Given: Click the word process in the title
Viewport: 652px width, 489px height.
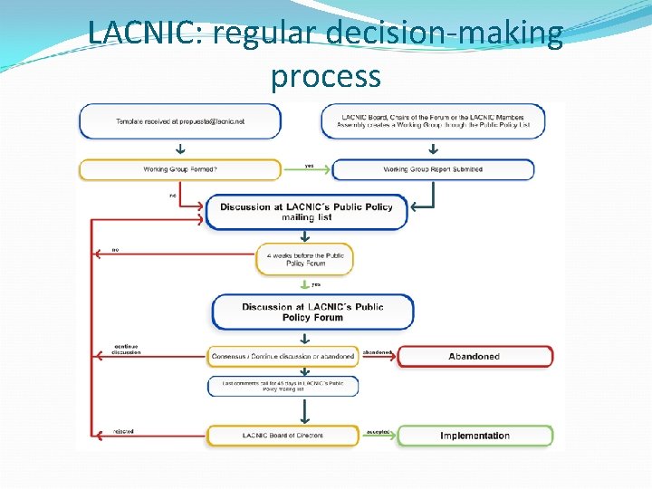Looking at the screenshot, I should pyautogui.click(x=325, y=75).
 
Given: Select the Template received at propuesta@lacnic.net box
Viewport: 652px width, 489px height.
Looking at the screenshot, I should pyautogui.click(x=180, y=121).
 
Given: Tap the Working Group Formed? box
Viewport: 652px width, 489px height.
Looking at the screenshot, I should pyautogui.click(x=180, y=169).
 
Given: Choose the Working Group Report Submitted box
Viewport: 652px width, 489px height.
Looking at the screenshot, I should pyautogui.click(x=433, y=169).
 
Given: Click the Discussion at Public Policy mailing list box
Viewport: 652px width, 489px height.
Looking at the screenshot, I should pyautogui.click(x=306, y=212).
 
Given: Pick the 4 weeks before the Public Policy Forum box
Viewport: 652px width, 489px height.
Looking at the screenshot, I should pyautogui.click(x=305, y=260).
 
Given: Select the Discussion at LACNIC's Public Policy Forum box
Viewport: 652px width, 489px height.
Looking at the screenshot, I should pyautogui.click(x=312, y=312).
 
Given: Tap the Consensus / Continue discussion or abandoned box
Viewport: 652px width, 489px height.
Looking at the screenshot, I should pyautogui.click(x=283, y=356).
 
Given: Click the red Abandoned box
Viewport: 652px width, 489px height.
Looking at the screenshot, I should pyautogui.click(x=475, y=356).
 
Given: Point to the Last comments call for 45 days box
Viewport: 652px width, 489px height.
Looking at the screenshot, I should pyautogui.click(x=283, y=386).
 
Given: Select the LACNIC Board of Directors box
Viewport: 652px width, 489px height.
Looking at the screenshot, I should pyautogui.click(x=283, y=436).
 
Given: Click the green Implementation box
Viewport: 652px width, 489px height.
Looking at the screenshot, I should pyautogui.click(x=475, y=436).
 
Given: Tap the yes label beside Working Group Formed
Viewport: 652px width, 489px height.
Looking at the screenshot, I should pyautogui.click(x=309, y=166).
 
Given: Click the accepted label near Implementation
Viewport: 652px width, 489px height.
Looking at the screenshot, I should pyautogui.click(x=378, y=432).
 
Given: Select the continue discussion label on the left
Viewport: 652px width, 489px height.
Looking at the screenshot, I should pyautogui.click(x=126, y=350).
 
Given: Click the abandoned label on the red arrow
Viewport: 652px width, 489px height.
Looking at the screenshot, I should pyautogui.click(x=377, y=352).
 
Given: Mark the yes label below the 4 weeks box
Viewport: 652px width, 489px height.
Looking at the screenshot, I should pyautogui.click(x=316, y=284).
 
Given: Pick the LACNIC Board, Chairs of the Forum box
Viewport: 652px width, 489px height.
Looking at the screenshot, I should pyautogui.click(x=433, y=121).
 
